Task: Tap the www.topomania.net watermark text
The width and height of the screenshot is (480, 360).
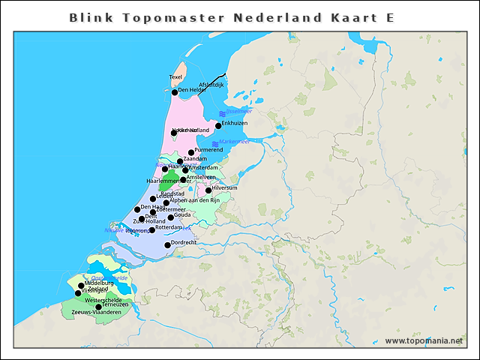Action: point(424,341)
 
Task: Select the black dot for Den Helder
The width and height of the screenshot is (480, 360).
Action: point(175,92)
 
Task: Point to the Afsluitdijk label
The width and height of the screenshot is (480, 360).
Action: point(211,85)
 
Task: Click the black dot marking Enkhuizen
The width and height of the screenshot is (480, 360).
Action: point(218,126)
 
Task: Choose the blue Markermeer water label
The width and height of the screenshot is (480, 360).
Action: point(233,141)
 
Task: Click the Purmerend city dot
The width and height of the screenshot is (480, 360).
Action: point(191,152)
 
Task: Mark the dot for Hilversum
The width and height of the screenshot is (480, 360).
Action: point(208,190)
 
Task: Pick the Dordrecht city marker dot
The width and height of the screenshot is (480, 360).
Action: point(167,245)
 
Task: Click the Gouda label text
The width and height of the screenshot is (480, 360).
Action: point(183,214)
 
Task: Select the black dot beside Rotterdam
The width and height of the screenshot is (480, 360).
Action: point(152,229)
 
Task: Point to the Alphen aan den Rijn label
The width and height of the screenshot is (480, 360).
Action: point(193,200)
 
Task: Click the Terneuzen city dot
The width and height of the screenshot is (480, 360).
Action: point(98,307)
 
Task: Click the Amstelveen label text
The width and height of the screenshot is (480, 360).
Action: point(201,177)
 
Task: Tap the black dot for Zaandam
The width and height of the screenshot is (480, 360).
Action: point(179,161)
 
